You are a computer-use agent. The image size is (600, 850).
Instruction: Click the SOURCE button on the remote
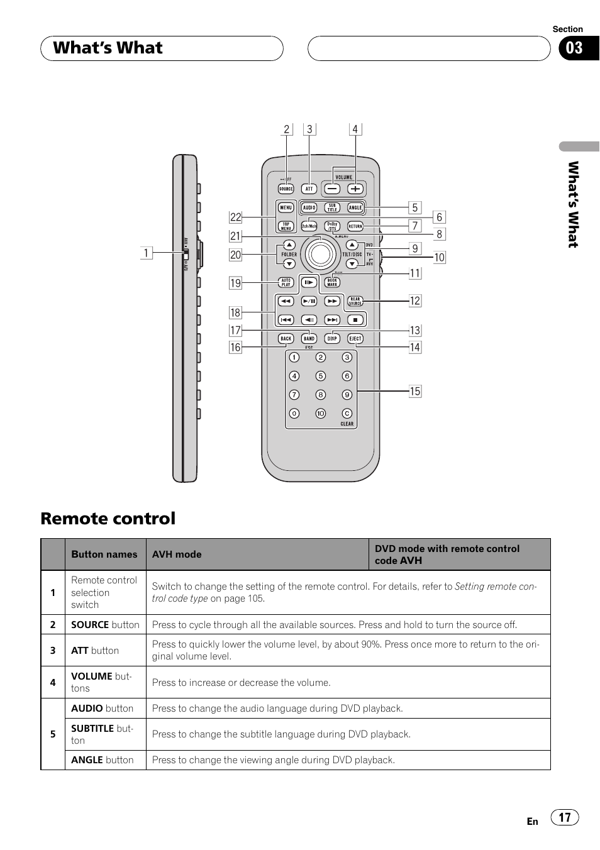[286, 189]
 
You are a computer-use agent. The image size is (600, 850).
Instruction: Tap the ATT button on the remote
[309, 189]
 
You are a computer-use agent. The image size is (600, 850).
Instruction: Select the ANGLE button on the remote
[355, 207]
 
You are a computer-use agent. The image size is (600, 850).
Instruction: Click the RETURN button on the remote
[355, 226]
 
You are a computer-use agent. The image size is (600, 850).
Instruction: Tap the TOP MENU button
[286, 226]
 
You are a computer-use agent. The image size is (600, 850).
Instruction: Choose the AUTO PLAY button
[286, 283]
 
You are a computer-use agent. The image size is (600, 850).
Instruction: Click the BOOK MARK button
[332, 283]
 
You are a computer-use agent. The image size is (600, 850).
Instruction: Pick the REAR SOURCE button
[355, 302]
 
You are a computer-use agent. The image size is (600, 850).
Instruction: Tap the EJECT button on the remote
[355, 339]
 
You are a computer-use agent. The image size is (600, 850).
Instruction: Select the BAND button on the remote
[309, 339]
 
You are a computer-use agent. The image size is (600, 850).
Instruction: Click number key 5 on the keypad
[321, 376]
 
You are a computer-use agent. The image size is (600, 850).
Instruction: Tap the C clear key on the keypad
[347, 414]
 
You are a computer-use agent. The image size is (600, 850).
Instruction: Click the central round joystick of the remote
[320, 253]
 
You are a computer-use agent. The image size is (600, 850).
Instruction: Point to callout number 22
[235, 218]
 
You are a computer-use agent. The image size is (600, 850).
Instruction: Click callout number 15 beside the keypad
[415, 391]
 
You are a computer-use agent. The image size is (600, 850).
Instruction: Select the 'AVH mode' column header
[177, 555]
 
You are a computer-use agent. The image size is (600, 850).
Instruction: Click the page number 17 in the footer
[565, 817]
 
